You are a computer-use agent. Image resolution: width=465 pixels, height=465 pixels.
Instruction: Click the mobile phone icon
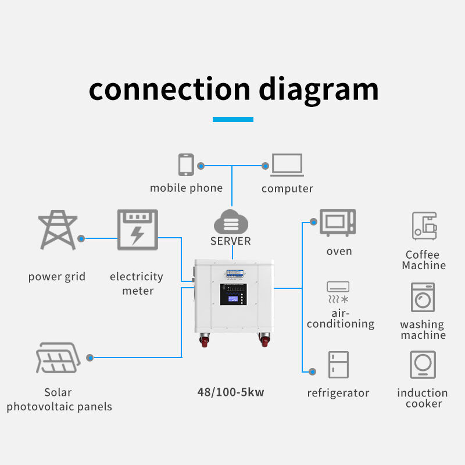click(186, 164)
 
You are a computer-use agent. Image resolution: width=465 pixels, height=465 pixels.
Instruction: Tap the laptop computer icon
click(287, 165)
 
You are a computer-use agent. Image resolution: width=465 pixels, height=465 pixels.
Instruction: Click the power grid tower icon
click(57, 231)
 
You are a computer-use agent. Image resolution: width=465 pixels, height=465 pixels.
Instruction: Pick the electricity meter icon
click(137, 230)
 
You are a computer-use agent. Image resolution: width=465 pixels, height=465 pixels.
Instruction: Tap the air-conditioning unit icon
click(338, 292)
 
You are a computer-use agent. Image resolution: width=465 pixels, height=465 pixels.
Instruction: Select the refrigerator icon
click(338, 365)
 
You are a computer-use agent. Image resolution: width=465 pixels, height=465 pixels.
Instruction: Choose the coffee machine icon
click(424, 226)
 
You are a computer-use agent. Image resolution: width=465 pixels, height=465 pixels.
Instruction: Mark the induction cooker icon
click(423, 365)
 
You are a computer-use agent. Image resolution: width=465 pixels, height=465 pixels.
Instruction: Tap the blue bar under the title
click(233, 119)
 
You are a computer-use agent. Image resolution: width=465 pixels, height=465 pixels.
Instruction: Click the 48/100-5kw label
click(231, 392)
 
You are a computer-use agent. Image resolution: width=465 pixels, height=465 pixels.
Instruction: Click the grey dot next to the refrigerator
click(313, 371)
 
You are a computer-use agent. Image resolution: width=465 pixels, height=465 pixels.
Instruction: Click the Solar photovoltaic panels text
click(59, 400)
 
